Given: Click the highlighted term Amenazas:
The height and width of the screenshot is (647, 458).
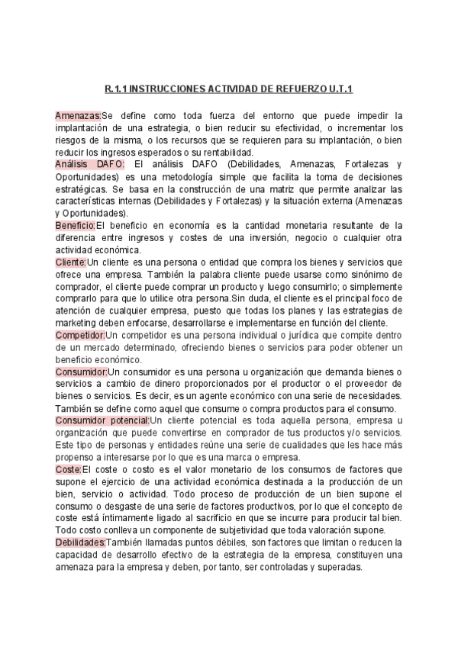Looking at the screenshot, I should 78,115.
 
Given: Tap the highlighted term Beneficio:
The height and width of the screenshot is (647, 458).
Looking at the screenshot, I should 75,225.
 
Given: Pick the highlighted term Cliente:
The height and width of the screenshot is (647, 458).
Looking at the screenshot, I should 71,262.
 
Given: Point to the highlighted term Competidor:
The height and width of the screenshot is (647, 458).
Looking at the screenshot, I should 80,334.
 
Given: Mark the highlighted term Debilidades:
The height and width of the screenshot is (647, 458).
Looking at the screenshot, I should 80,542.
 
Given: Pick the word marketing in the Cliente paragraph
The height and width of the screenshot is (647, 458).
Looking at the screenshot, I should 77,323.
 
